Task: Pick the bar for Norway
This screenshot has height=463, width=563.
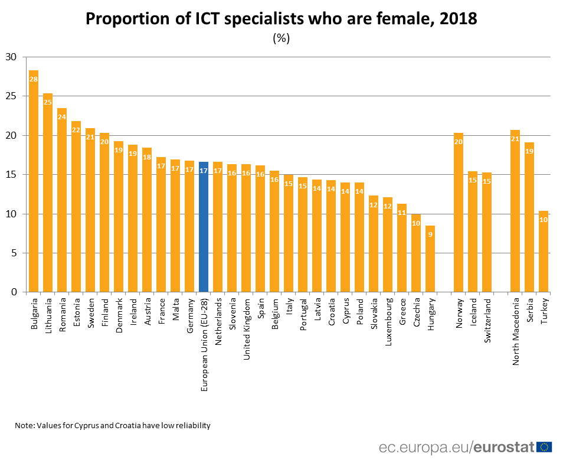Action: (459, 213)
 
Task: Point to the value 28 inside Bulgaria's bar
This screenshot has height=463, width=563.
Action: (34, 79)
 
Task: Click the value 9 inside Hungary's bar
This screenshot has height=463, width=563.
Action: (430, 234)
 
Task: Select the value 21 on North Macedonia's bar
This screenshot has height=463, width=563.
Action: (515, 139)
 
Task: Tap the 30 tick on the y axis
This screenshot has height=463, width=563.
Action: (12, 57)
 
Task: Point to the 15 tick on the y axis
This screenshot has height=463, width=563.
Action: (12, 175)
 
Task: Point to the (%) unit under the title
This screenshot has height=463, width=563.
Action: (281, 38)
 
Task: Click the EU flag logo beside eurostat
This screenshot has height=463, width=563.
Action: (544, 446)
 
